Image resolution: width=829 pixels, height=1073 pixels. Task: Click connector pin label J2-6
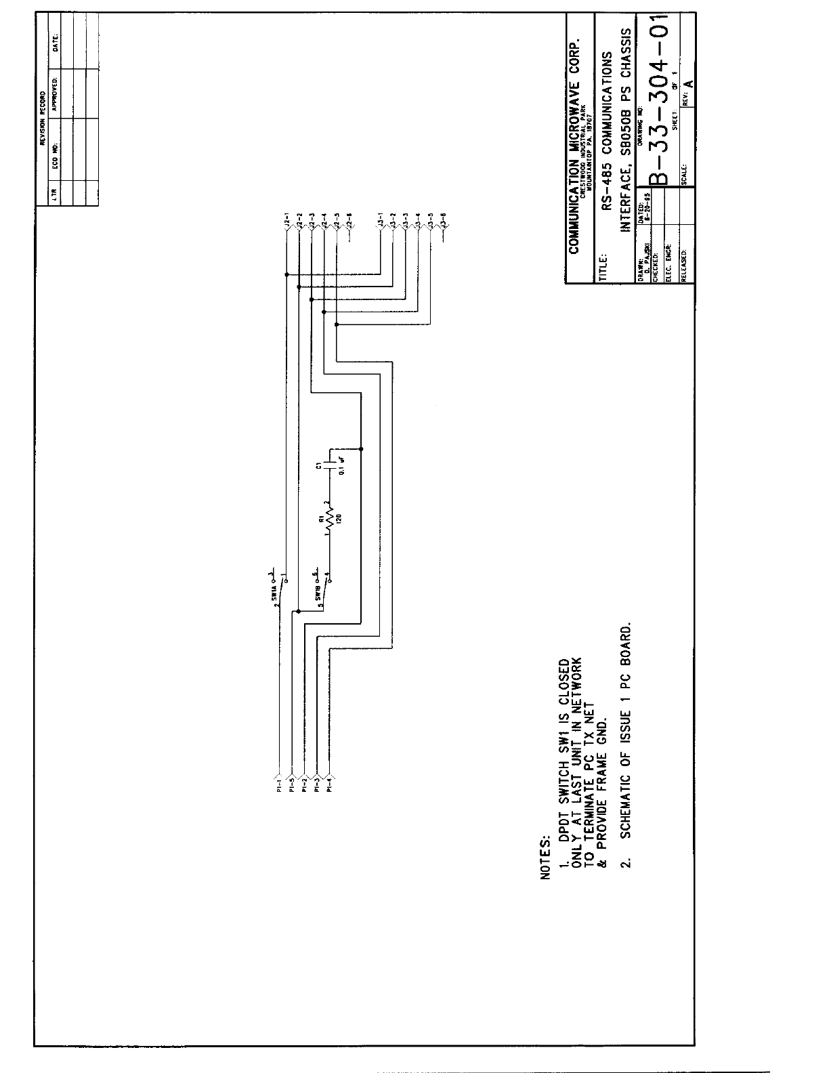pos(348,220)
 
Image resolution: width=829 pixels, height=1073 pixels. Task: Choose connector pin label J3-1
pos(381,220)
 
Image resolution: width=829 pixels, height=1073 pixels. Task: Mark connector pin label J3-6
pos(443,220)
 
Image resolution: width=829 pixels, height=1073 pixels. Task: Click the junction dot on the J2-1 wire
pos(286,275)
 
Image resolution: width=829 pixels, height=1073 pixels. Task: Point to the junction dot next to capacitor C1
pos(362,448)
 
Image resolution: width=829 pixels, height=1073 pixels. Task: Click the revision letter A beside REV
pos(689,83)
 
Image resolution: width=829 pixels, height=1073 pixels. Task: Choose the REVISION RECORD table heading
pos(41,119)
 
